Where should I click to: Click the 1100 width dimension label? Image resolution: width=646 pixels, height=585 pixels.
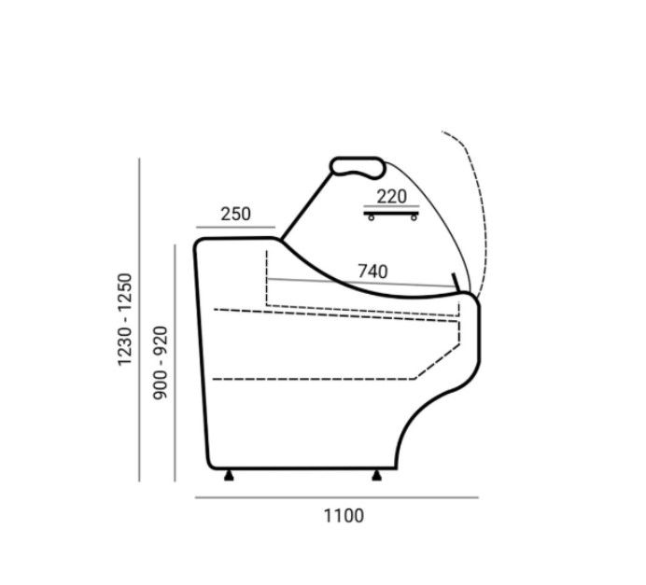coord(344,516)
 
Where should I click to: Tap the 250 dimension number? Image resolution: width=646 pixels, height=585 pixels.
coord(235,214)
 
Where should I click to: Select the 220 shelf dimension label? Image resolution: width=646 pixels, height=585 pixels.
coord(392,197)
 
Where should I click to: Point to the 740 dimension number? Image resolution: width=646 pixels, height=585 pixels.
coord(372,272)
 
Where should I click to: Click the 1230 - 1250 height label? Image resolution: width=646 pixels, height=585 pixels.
coord(125,319)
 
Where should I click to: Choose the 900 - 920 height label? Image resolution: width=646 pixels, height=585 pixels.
coord(161,363)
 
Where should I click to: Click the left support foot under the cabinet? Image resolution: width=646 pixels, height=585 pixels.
coord(229,476)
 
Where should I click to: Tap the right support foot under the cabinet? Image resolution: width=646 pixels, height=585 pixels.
coord(376,476)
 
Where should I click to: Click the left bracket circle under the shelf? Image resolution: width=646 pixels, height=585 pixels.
coord(372,217)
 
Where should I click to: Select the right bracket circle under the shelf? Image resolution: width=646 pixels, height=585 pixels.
coord(414,217)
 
